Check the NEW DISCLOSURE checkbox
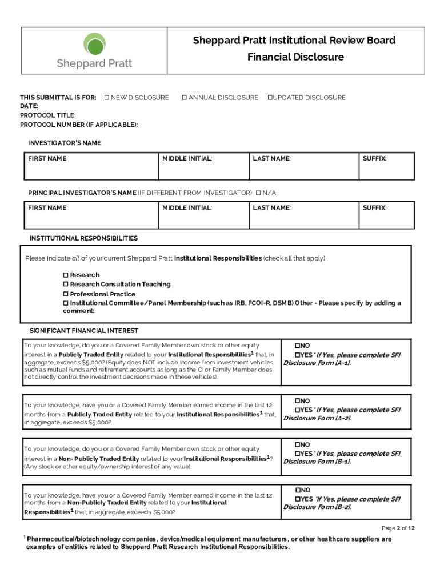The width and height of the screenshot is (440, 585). [107, 98]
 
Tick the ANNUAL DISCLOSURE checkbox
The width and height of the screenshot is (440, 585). [185, 98]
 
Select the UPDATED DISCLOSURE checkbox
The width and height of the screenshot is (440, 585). [270, 98]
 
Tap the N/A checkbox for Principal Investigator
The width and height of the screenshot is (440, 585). [258, 193]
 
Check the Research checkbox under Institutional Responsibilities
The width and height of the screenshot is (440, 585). [66, 275]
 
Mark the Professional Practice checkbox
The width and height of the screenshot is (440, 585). [66, 294]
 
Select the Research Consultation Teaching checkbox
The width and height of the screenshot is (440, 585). [66, 285]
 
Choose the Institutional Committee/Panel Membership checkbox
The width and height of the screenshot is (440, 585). [66, 303]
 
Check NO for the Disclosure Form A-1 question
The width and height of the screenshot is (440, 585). [297, 346]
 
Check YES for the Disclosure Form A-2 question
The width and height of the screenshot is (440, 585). [297, 410]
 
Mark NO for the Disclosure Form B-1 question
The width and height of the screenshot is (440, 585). [297, 444]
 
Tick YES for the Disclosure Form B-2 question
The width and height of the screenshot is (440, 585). [297, 499]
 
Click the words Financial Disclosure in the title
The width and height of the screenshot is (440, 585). [295, 57]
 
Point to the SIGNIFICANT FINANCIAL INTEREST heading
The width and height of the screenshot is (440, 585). [83, 331]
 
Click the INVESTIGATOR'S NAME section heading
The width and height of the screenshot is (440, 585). [65, 143]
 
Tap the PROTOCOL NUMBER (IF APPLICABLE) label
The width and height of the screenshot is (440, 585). [79, 125]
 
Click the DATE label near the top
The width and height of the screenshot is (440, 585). [29, 106]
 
